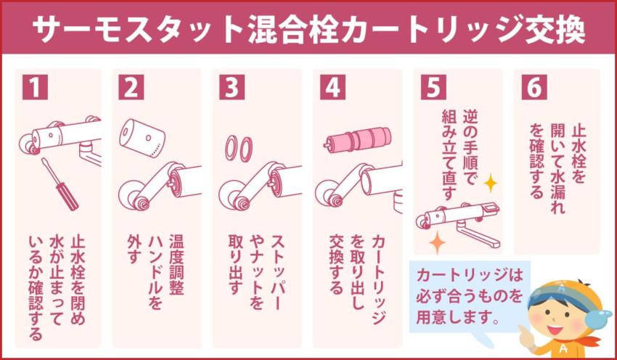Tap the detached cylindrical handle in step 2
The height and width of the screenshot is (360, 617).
pyautogui.click(x=142, y=136)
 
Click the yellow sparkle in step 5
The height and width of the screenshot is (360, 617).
pyautogui.click(x=491, y=183)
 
